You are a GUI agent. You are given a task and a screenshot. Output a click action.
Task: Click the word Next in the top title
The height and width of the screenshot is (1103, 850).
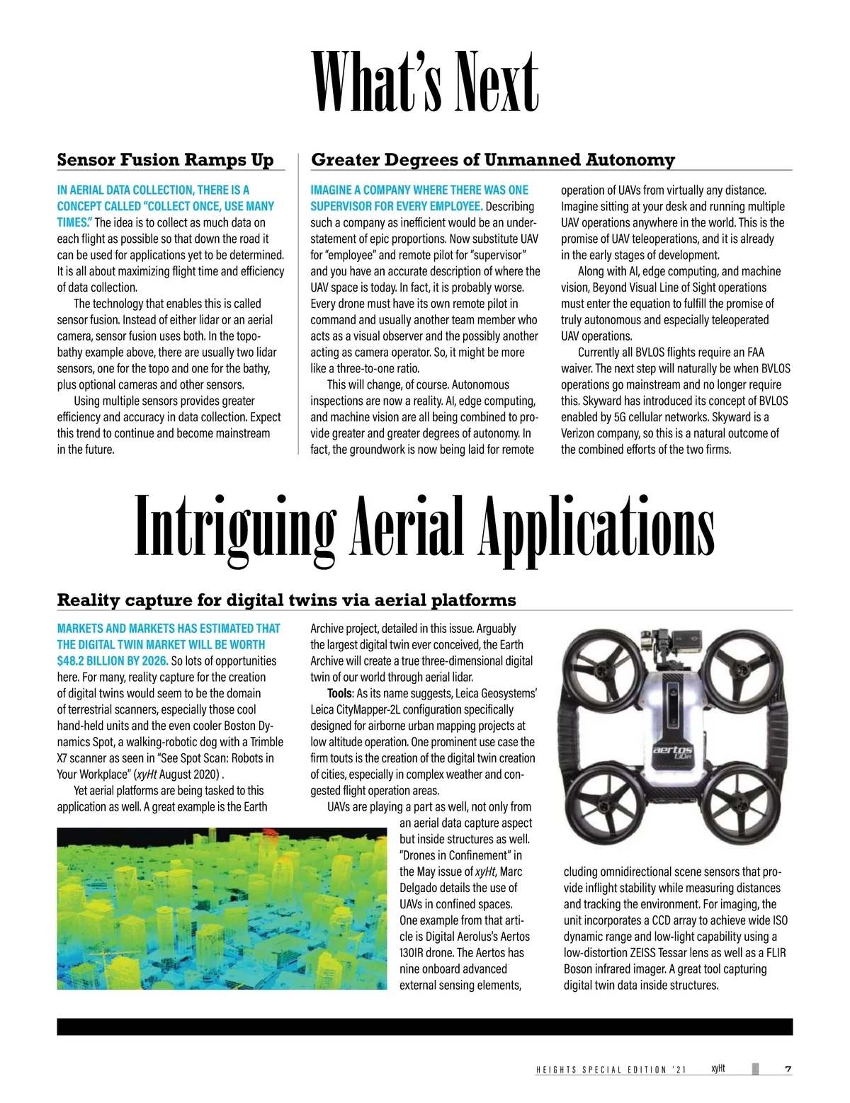488,84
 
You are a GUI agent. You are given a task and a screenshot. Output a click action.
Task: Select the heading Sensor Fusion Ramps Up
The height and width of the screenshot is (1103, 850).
165,160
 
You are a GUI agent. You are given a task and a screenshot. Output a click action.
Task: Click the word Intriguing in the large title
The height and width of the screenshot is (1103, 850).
234,527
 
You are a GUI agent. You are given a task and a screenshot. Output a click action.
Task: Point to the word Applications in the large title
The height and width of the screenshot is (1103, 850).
596,527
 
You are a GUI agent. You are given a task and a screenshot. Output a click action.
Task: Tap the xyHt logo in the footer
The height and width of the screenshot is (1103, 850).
718,1068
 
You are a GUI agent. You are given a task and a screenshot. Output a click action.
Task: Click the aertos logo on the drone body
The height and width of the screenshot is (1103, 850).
672,750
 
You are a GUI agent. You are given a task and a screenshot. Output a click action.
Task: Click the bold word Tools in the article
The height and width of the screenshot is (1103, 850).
339,693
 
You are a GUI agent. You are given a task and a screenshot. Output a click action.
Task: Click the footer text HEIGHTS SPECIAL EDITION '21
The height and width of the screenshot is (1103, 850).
611,1070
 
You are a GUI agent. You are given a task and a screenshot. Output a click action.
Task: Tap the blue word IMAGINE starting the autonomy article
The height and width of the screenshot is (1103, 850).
331,190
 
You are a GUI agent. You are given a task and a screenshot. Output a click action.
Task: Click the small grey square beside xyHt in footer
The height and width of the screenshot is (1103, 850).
755,1069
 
